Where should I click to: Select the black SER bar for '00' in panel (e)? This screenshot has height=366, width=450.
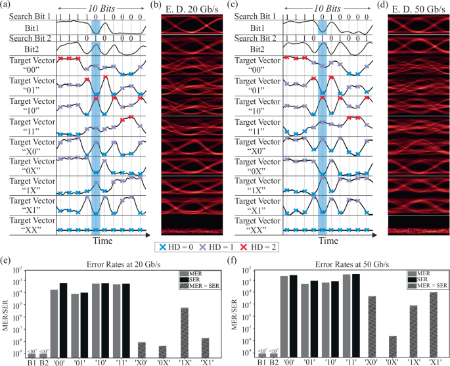pyautogui.click(x=64, y=320)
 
